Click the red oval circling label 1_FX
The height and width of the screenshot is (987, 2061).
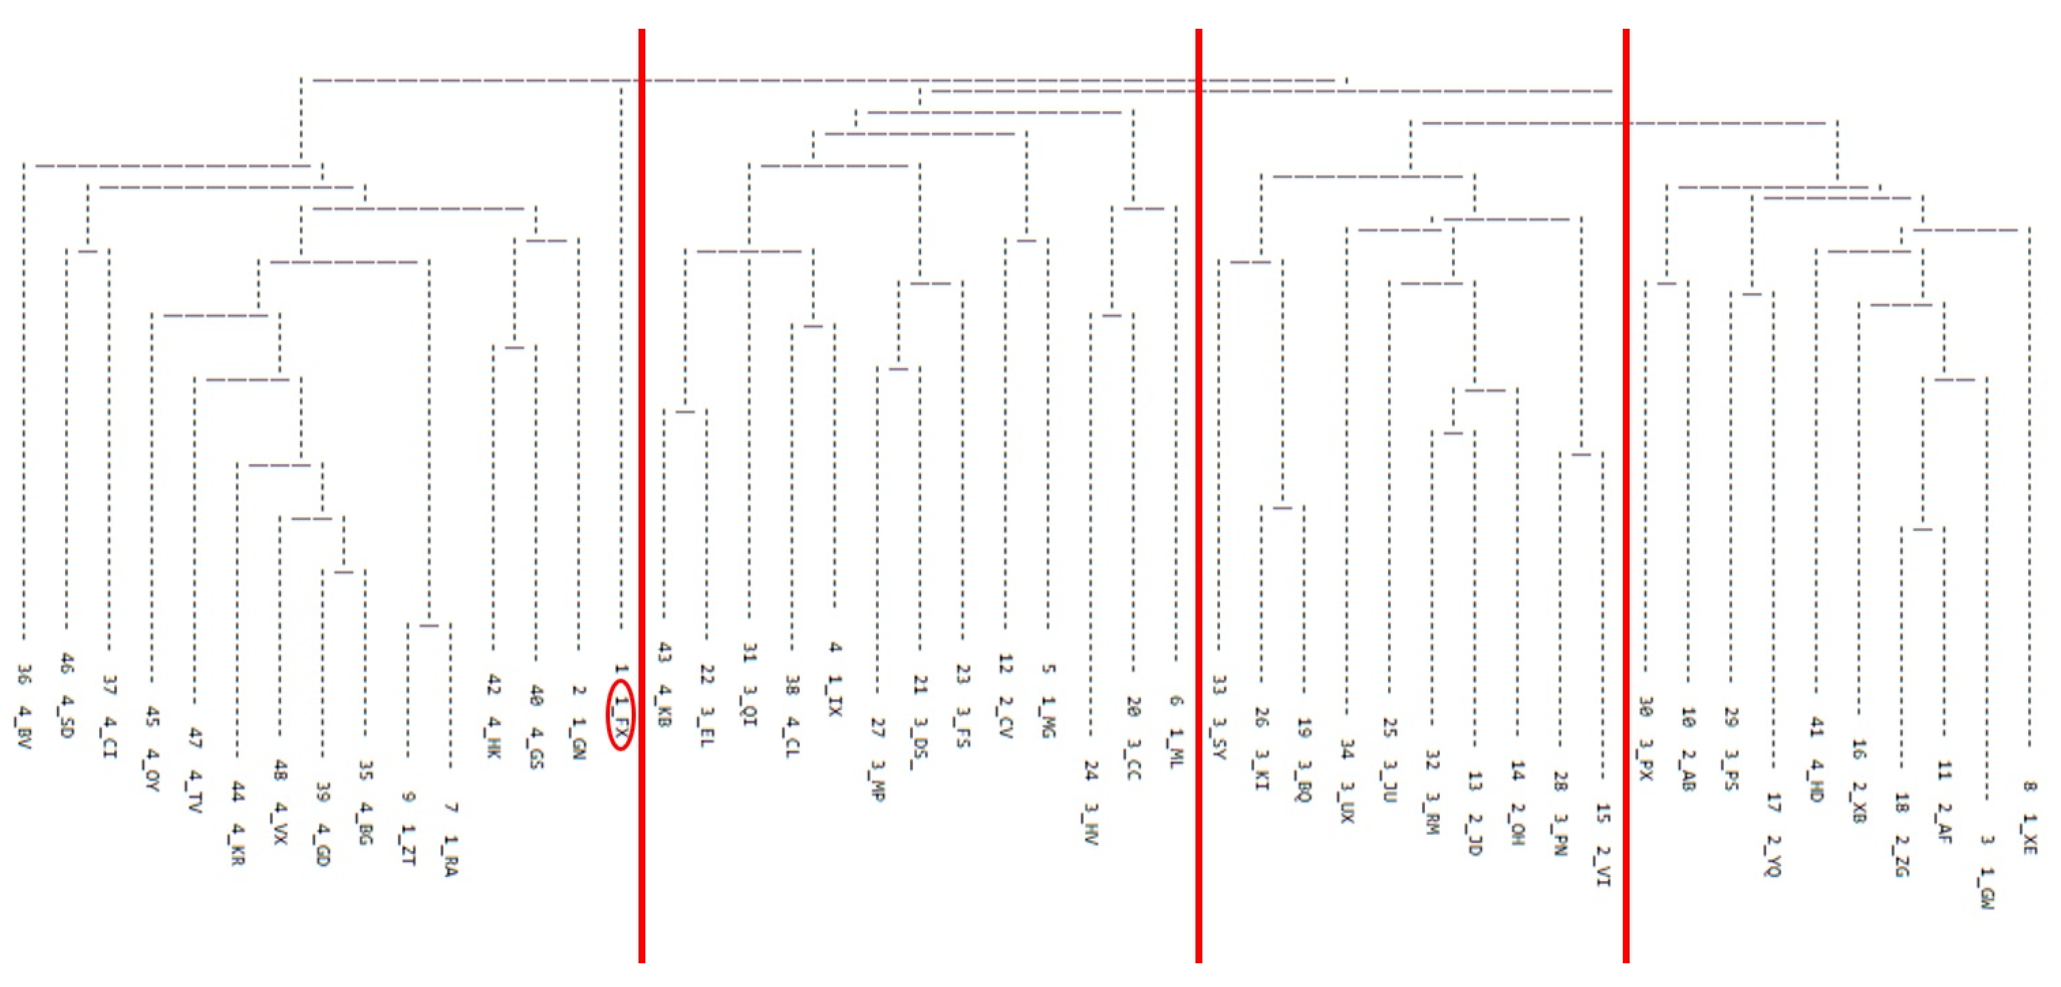[621, 714]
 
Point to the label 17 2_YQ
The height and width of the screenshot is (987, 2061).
[1774, 833]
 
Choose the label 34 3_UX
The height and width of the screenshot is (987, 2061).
[1347, 781]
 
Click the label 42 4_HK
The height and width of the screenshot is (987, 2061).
[494, 717]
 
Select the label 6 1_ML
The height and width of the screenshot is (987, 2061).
[1176, 732]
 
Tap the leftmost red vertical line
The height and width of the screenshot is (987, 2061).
[642, 496]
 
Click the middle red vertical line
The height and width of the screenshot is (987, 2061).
[1198, 496]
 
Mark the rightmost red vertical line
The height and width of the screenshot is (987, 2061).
[1626, 496]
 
